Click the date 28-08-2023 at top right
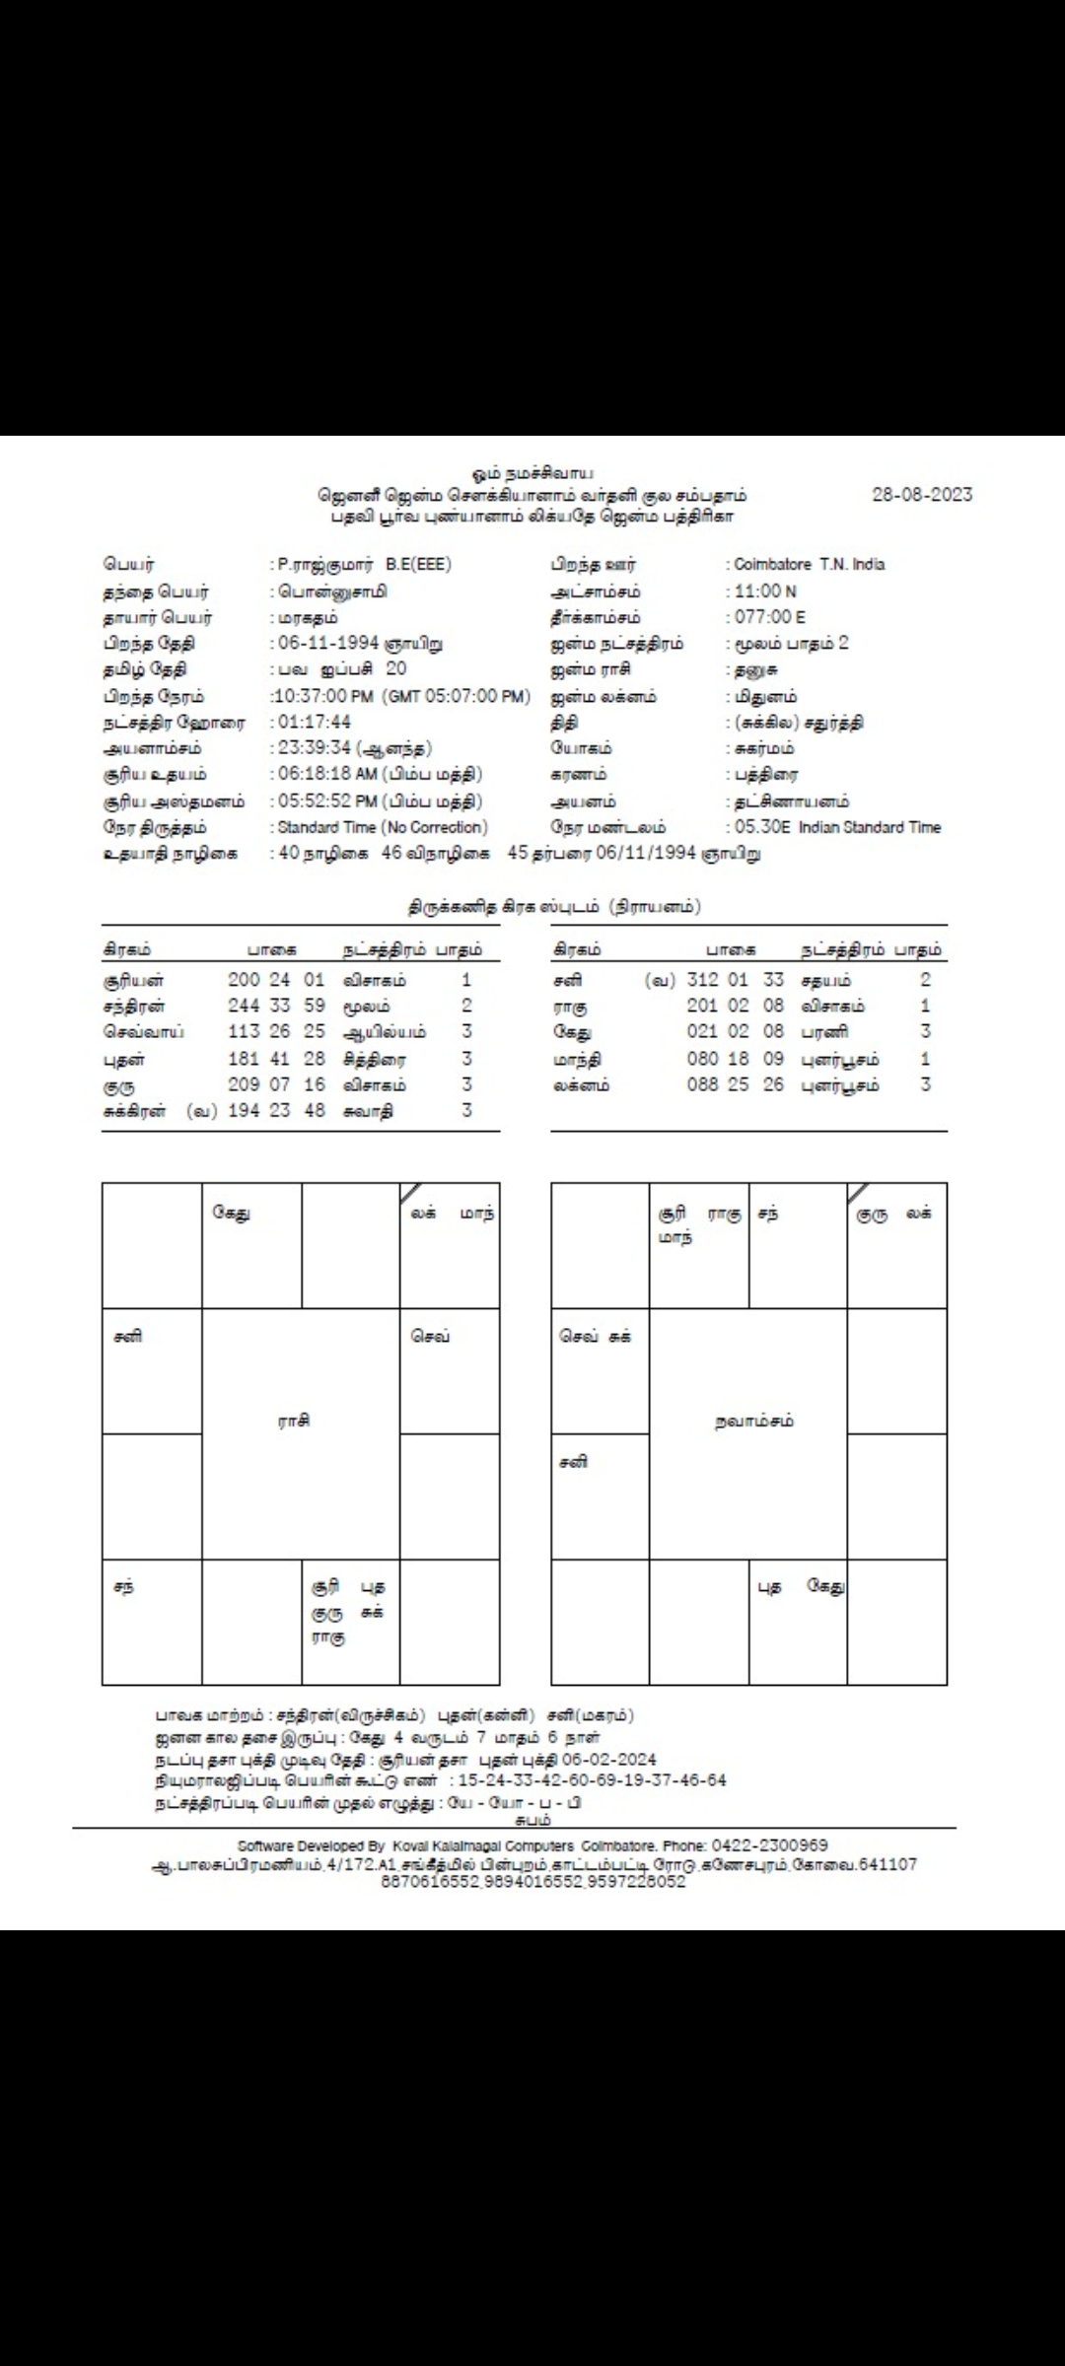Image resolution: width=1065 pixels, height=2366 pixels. (x=922, y=495)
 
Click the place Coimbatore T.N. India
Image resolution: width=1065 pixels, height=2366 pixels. (x=810, y=565)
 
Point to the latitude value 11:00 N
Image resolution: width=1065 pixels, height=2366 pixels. (x=765, y=591)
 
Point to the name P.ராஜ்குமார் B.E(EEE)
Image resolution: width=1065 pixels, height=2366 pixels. (x=364, y=565)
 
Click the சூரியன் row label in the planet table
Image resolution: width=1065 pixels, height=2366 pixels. (x=133, y=981)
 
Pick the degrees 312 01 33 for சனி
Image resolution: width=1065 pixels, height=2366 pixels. (x=735, y=981)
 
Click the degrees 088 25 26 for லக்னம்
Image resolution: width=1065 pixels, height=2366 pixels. (x=735, y=1085)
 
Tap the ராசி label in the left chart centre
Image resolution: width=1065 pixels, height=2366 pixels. (x=294, y=1421)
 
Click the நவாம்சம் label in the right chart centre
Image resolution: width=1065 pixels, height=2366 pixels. (x=754, y=1422)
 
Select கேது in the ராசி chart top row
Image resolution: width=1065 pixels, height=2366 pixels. (x=232, y=1215)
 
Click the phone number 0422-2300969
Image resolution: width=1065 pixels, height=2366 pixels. (x=770, y=1845)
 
